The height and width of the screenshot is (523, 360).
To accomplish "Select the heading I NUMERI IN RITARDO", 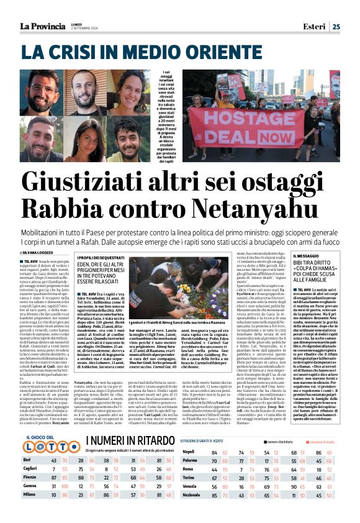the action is point(124,441).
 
